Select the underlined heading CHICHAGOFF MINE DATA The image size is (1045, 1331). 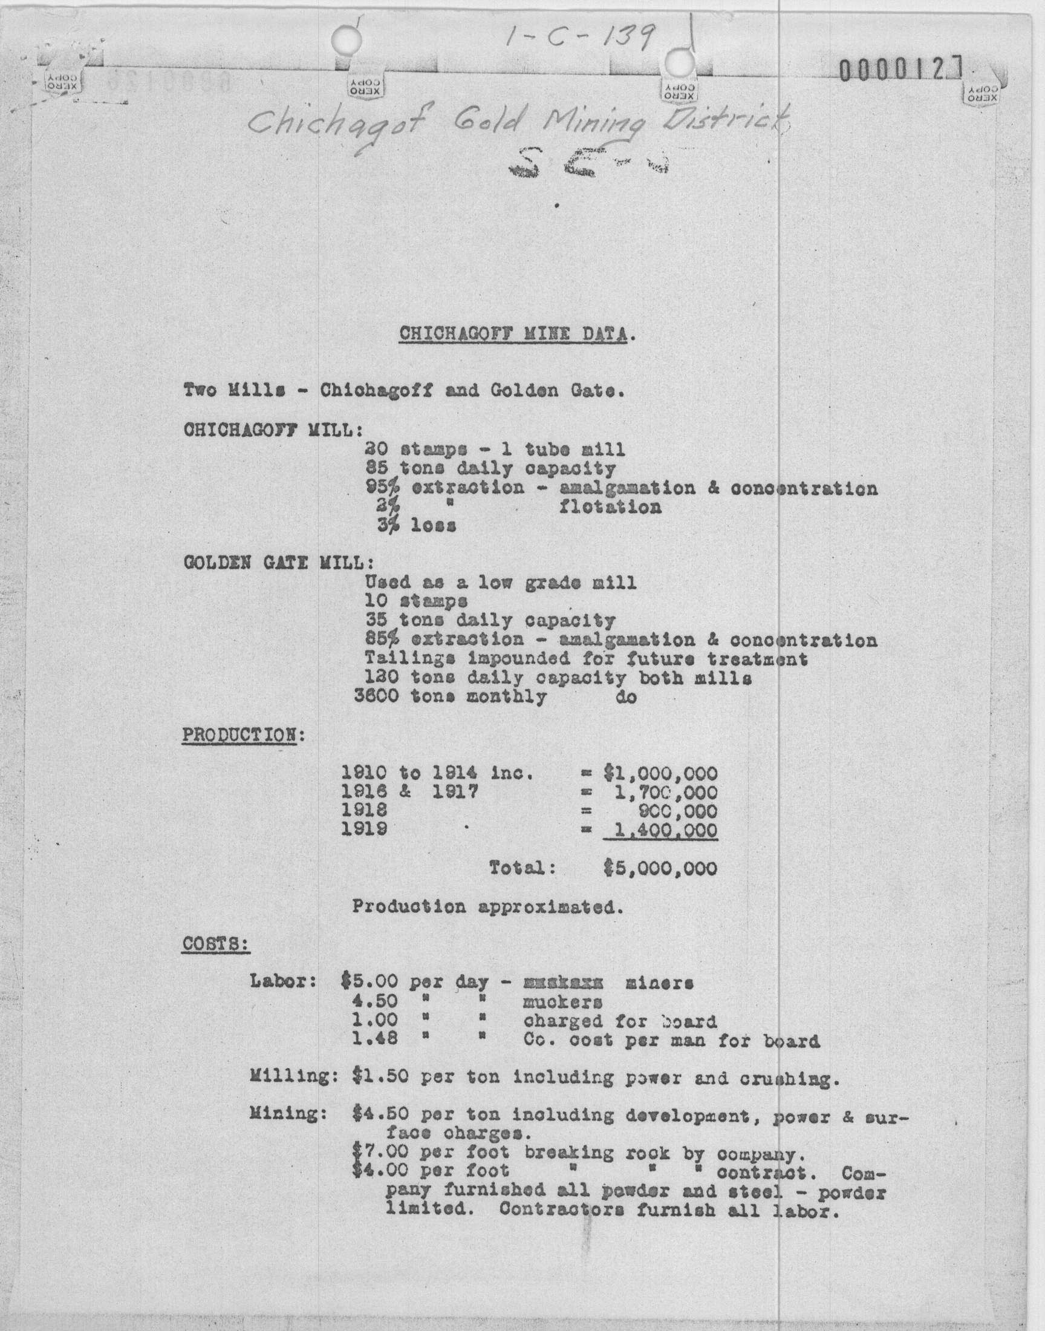(x=513, y=334)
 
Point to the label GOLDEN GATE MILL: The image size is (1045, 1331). (x=278, y=562)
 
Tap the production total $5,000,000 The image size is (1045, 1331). (x=660, y=868)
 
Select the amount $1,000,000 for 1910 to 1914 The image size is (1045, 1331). (x=660, y=774)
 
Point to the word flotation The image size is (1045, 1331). (x=610, y=508)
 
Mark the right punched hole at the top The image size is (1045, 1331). (x=677, y=62)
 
